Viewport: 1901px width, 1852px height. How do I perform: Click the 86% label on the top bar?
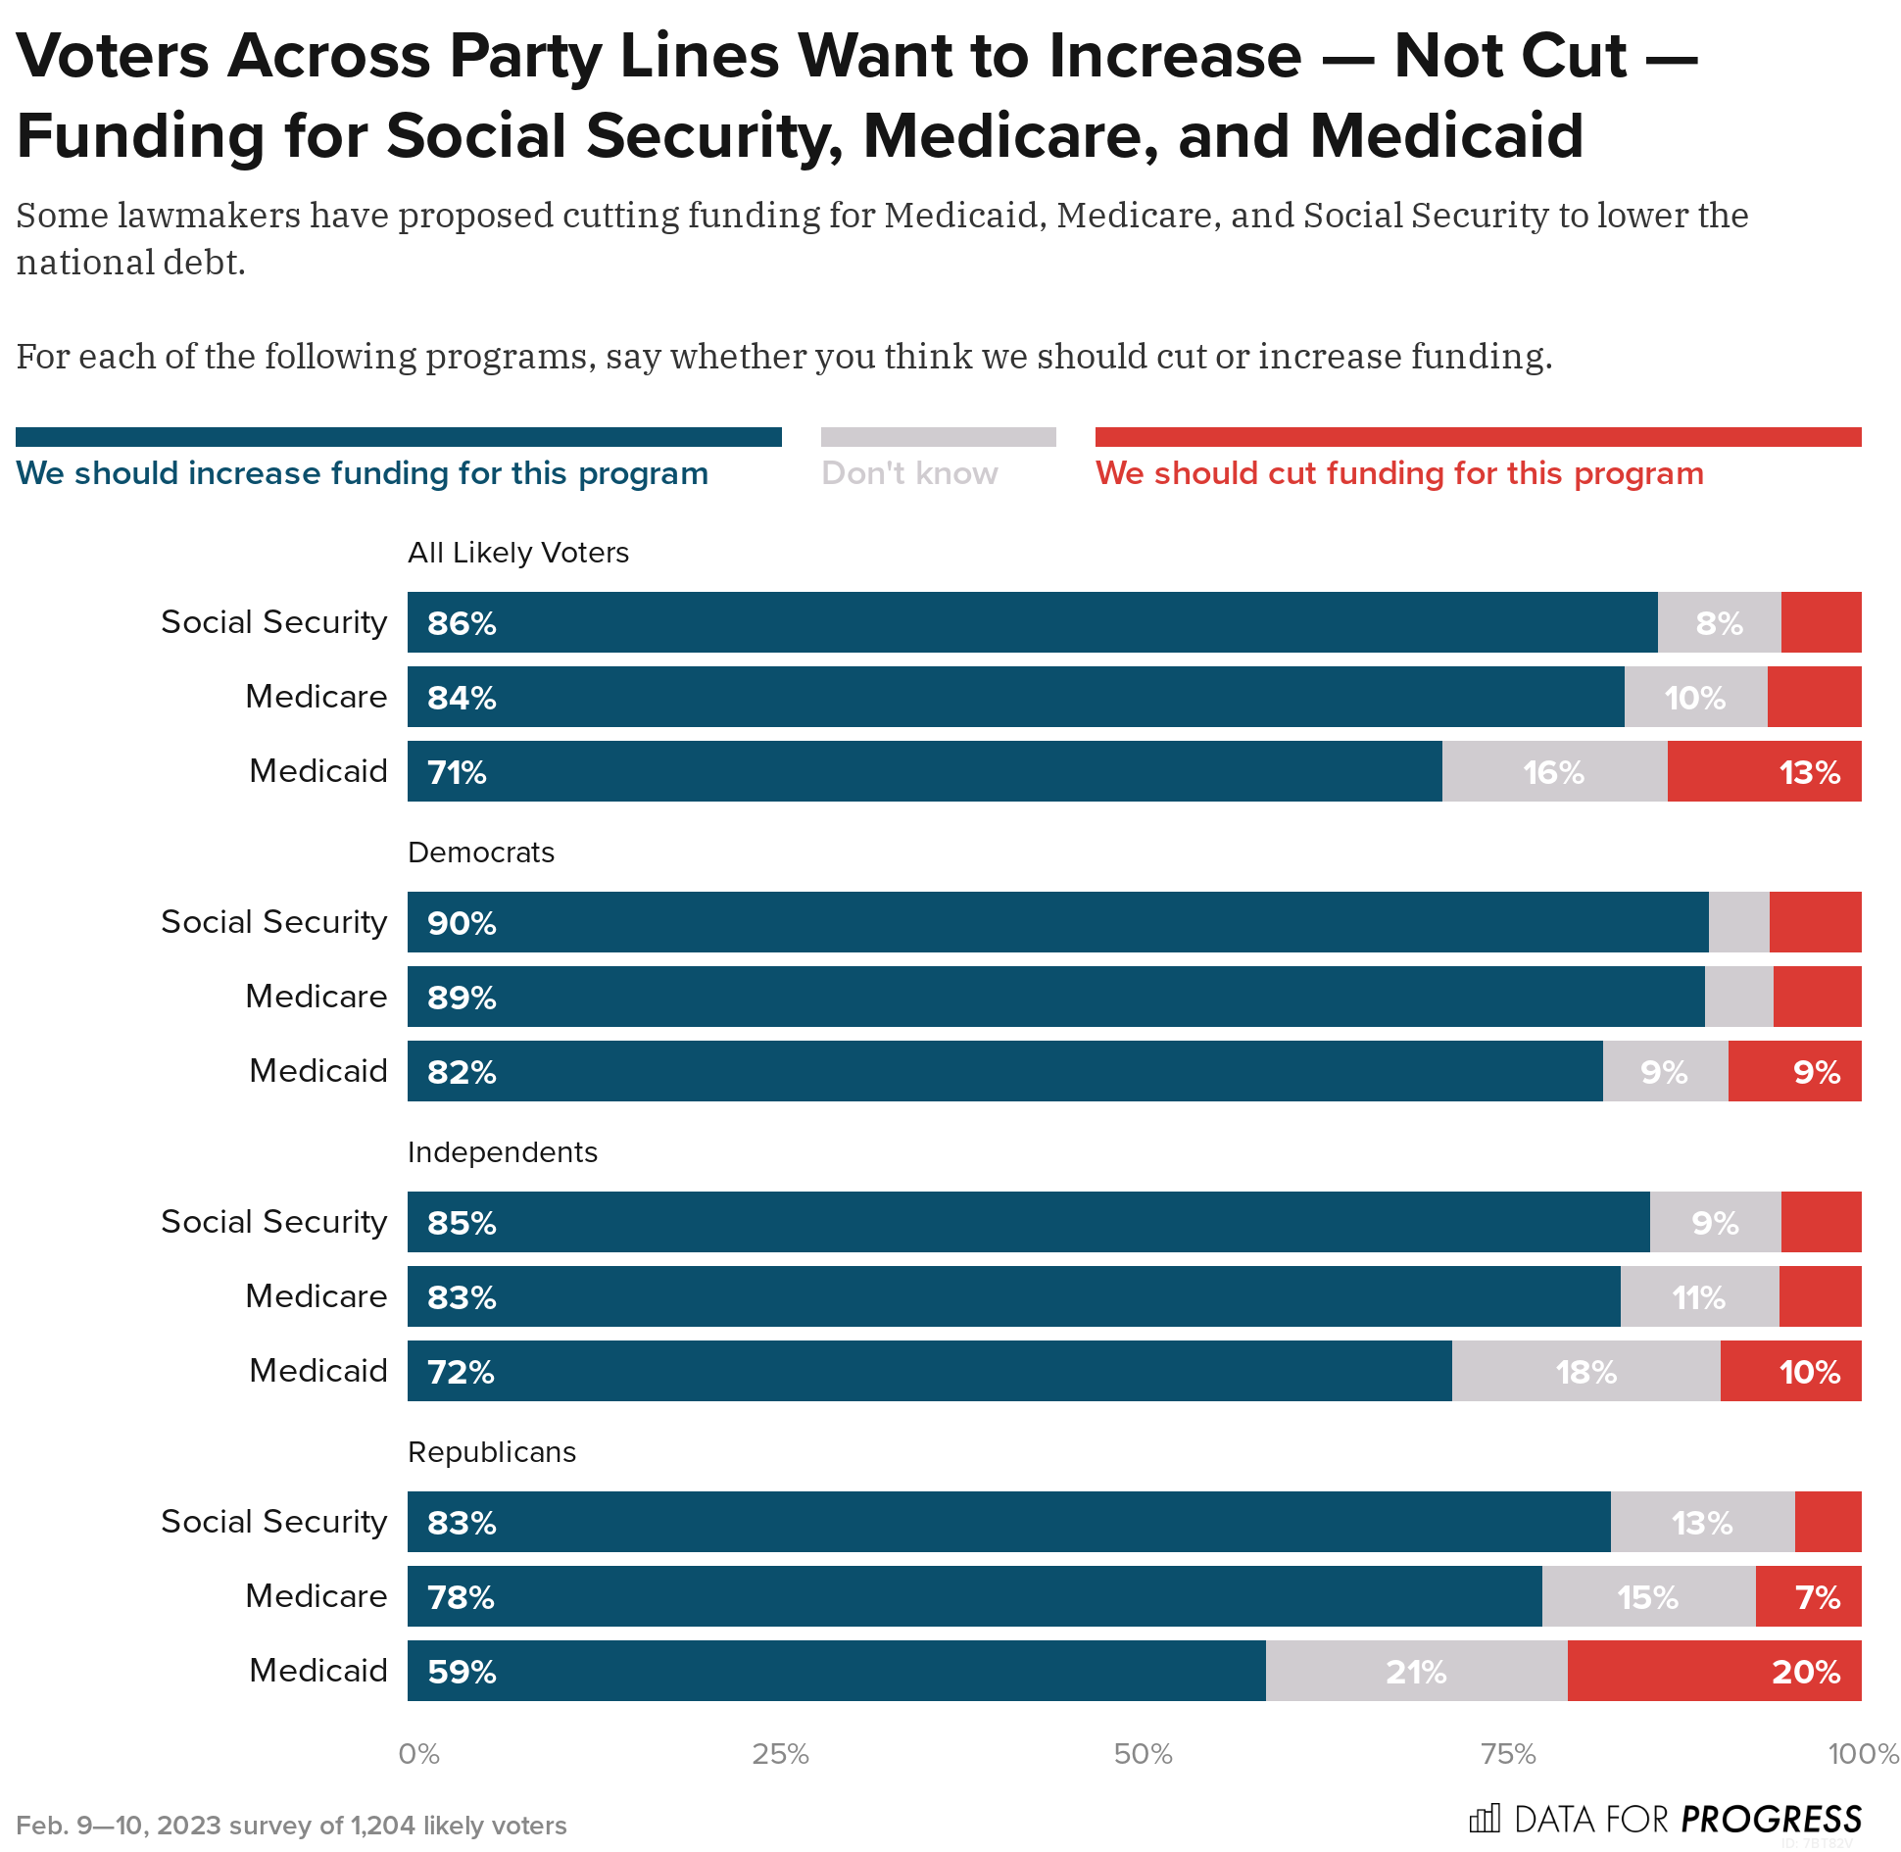(462, 623)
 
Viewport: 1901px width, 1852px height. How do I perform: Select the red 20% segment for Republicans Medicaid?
(1714, 1672)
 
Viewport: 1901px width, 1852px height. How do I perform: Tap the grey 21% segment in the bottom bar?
(1416, 1672)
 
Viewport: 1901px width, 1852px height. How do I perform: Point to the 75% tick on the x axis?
(1508, 1754)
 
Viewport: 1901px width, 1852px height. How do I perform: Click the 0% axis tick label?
(418, 1754)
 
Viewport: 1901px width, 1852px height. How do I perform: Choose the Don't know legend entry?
(909, 473)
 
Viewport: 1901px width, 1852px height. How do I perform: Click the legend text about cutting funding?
(1399, 473)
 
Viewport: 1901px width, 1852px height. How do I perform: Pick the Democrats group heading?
(481, 853)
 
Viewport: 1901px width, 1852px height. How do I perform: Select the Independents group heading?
(503, 1152)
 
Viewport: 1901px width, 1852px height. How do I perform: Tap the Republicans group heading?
(492, 1452)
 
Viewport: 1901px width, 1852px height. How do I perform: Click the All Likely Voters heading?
(518, 553)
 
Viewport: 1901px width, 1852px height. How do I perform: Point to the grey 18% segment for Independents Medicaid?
(1585, 1372)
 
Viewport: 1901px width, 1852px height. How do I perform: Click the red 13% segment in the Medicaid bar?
(1764, 772)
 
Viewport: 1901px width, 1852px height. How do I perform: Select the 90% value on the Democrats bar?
(462, 923)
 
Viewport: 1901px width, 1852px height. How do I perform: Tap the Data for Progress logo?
(1665, 1820)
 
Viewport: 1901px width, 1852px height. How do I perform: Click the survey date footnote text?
(291, 1826)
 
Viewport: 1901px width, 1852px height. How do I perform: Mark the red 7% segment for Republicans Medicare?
(1808, 1597)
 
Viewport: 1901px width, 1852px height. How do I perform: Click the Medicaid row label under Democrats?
(318, 1071)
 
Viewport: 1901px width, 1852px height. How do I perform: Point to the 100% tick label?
(1863, 1754)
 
